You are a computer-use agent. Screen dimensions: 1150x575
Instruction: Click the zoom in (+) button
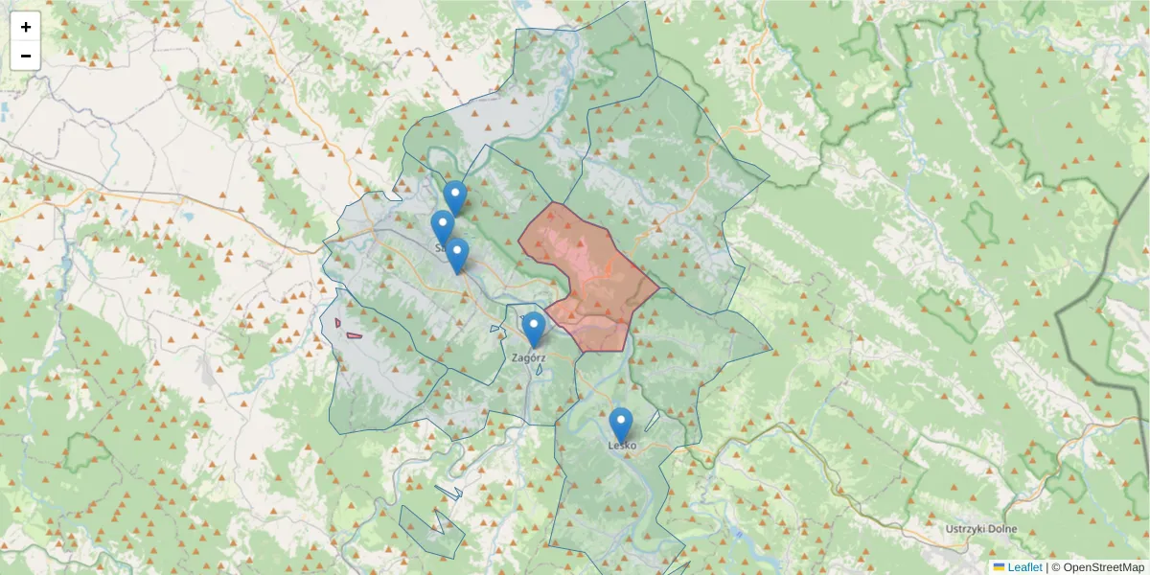(x=26, y=27)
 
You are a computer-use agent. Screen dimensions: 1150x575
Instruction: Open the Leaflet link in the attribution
(x=1024, y=567)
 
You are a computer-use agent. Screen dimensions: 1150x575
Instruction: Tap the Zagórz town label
(x=529, y=357)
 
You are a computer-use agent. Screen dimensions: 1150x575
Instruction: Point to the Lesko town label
(x=621, y=446)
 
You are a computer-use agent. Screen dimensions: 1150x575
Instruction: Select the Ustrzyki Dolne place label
(x=979, y=530)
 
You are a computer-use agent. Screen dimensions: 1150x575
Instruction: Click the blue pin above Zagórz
(x=534, y=328)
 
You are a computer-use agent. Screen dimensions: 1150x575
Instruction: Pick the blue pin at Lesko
(x=621, y=424)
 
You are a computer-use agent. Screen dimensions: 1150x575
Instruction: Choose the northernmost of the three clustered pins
(x=455, y=196)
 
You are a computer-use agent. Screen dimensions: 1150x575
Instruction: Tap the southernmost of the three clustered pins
(x=457, y=254)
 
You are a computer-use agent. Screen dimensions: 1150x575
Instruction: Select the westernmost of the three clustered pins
(x=442, y=226)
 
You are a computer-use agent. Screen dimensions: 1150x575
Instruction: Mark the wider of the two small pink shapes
(x=355, y=335)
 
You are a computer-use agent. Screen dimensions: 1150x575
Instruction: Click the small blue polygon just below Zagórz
(x=540, y=369)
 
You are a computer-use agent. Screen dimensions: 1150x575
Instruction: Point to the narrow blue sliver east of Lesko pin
(x=653, y=421)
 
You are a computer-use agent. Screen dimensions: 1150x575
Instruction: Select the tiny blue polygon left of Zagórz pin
(x=494, y=330)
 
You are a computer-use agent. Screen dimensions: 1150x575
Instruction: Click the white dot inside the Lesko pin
(x=621, y=420)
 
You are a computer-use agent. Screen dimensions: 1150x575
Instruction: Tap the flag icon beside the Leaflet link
(x=1000, y=567)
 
